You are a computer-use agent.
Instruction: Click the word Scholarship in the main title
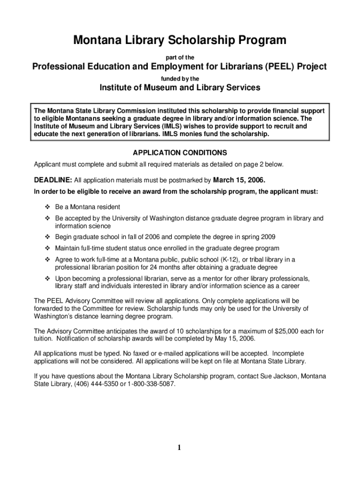pyautogui.click(x=202, y=41)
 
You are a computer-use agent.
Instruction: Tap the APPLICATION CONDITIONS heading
pyautogui.click(x=180, y=153)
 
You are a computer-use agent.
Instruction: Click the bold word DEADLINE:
pyautogui.click(x=53, y=180)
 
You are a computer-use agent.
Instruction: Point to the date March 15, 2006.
pyautogui.click(x=239, y=180)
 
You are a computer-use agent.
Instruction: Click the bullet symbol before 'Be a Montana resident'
pyautogui.click(x=47, y=207)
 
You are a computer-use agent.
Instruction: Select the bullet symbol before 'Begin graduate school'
pyautogui.click(x=47, y=236)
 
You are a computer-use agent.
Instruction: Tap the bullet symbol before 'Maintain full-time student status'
pyautogui.click(x=47, y=248)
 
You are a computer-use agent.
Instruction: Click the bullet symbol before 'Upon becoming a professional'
pyautogui.click(x=47, y=279)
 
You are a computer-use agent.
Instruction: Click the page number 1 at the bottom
pyautogui.click(x=180, y=447)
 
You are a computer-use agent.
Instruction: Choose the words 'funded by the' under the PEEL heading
pyautogui.click(x=180, y=79)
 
